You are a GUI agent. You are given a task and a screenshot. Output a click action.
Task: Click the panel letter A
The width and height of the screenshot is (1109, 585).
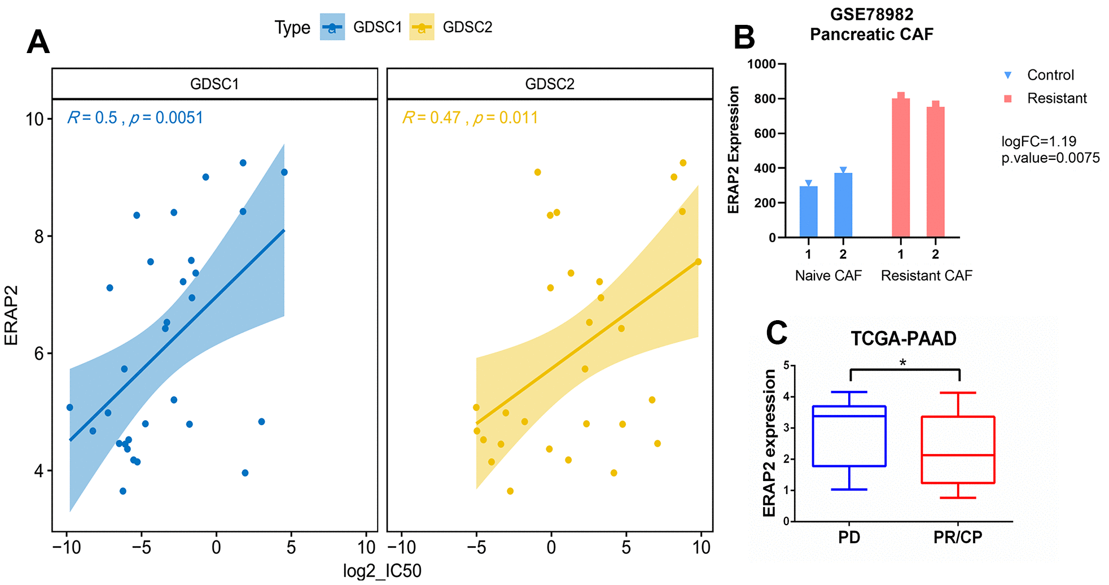coord(38,42)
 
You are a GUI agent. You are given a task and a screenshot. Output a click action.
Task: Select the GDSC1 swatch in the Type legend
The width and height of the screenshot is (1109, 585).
coord(332,27)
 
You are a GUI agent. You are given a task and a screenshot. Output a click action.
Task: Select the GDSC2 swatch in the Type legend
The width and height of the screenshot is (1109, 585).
coord(422,27)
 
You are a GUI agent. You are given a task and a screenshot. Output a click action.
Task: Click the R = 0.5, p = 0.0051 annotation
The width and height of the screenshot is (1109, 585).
coord(135,118)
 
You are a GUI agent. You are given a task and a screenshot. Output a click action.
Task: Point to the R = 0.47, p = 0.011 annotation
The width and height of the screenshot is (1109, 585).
coord(470,118)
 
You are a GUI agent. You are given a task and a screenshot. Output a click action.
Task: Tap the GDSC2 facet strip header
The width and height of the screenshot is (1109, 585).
coord(549,84)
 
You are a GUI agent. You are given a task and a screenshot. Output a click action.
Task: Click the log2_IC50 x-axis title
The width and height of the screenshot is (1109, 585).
coord(382,571)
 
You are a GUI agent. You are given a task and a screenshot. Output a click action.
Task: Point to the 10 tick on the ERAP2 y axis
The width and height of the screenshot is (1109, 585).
coord(35,119)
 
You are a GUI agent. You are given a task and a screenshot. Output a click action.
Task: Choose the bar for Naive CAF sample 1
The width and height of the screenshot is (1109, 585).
coord(808,211)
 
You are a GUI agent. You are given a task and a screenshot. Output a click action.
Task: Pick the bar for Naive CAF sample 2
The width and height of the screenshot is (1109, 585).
coord(843,204)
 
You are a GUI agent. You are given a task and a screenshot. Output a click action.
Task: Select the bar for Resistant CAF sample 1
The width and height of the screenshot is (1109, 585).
coord(901,167)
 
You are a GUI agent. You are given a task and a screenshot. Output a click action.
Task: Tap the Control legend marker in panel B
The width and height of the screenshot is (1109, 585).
coord(1008,75)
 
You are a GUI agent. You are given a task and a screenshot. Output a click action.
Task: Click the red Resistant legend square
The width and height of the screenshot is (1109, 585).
coord(1008,99)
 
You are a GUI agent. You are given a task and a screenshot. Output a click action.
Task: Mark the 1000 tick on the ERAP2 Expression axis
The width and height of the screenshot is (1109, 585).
coord(761,64)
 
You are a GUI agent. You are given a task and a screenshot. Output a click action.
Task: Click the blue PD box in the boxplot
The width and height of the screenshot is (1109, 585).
coord(849,436)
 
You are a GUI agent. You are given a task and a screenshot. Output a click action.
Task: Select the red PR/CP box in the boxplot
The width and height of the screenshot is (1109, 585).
coord(958,449)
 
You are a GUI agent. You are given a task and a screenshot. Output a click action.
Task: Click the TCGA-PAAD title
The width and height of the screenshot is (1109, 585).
coord(903,339)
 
